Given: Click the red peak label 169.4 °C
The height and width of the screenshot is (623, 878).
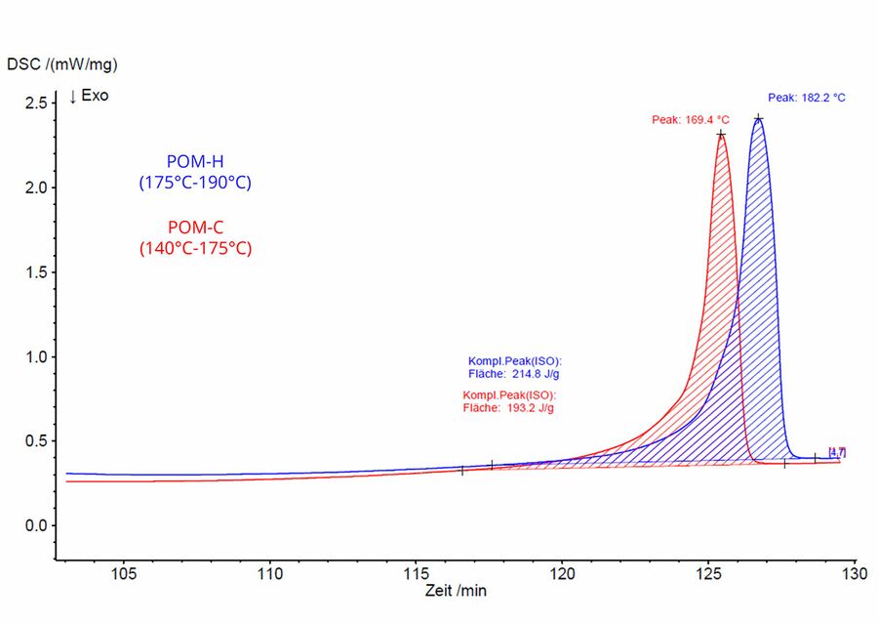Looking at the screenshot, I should coord(691,119).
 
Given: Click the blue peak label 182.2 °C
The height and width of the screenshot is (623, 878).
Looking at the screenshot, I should coord(807,98).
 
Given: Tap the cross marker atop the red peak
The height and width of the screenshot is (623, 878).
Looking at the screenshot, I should coord(721,135).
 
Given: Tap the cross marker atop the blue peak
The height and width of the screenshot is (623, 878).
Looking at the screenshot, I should coord(758,119).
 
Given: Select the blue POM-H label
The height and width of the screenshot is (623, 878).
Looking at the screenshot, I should coord(195,161).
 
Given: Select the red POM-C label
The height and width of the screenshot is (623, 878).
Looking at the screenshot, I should coord(195,228).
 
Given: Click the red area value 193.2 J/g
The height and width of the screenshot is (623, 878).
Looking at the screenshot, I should coord(527,407).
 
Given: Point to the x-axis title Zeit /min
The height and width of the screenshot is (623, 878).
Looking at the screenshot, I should coord(456,591).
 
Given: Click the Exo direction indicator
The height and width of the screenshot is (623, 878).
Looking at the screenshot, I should coord(89,97).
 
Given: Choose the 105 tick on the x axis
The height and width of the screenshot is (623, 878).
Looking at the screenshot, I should coord(124,572).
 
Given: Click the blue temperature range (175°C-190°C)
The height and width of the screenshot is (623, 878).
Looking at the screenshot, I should coord(195,182).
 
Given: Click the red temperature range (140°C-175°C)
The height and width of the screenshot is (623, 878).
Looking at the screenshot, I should coord(195,248).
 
